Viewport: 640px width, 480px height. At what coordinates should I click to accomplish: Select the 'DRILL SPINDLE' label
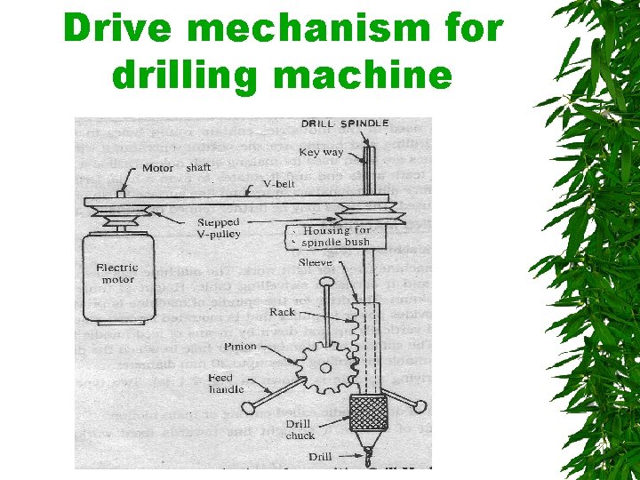pyautogui.click(x=345, y=124)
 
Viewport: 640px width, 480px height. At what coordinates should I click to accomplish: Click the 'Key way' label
pyautogui.click(x=321, y=152)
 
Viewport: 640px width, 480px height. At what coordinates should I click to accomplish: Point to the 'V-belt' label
pyautogui.click(x=280, y=185)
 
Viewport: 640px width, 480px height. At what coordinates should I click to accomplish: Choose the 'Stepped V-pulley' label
pyautogui.click(x=220, y=228)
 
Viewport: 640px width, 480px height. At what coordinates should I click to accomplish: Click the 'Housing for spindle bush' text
pyautogui.click(x=336, y=236)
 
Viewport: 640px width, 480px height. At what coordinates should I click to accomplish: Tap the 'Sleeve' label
pyautogui.click(x=316, y=263)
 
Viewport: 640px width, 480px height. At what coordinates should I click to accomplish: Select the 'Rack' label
pyautogui.click(x=282, y=312)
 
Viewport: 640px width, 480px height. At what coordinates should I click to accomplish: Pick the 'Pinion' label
pyautogui.click(x=240, y=347)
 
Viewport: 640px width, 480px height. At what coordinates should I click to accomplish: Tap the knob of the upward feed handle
pyautogui.click(x=327, y=284)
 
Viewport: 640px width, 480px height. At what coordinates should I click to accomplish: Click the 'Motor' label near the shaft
pyautogui.click(x=157, y=168)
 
